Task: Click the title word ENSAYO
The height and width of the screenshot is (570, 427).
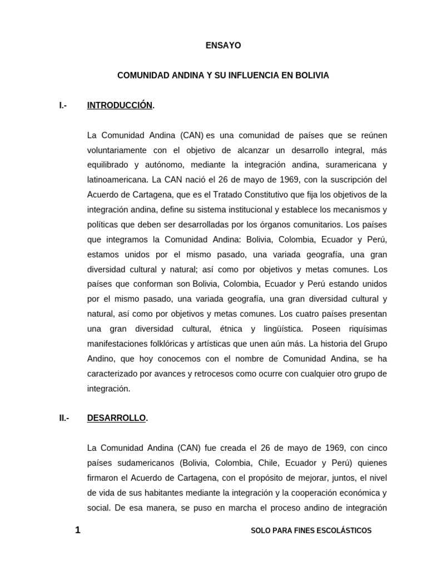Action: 223,46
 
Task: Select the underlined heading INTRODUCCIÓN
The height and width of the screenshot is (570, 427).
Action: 120,105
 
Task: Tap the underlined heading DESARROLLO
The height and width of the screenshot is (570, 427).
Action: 116,418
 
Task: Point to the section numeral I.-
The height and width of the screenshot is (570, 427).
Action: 63,105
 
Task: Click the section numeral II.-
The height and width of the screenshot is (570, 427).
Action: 64,418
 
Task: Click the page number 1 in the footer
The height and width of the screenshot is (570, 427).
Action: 78,530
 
